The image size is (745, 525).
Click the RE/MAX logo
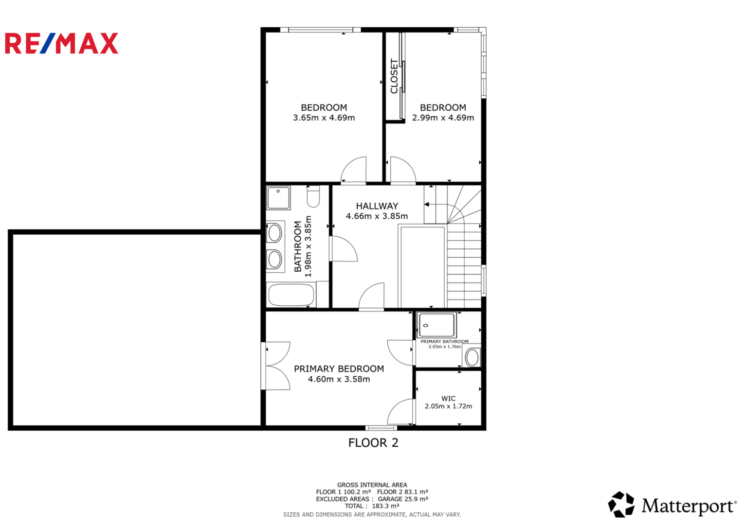[61, 43]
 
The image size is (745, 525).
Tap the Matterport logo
[672, 505]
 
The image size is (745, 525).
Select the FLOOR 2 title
[373, 443]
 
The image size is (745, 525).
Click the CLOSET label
[394, 76]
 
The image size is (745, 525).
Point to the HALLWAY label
[377, 206]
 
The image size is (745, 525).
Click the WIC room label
[448, 399]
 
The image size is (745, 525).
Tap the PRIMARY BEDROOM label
[339, 369]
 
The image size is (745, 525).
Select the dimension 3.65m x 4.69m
[324, 118]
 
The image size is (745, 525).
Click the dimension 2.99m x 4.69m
[443, 118]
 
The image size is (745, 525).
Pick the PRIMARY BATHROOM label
[444, 341]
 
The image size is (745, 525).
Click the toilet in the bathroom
[313, 196]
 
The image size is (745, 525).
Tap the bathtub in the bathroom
[291, 295]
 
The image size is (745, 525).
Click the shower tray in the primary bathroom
[436, 325]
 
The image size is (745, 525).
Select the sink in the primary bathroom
[472, 357]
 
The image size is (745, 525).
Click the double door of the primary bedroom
[276, 366]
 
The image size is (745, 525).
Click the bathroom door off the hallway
[344, 248]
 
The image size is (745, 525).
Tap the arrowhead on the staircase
[427, 204]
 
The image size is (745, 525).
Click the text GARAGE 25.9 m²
[403, 499]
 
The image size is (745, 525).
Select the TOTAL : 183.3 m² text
[372, 506]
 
